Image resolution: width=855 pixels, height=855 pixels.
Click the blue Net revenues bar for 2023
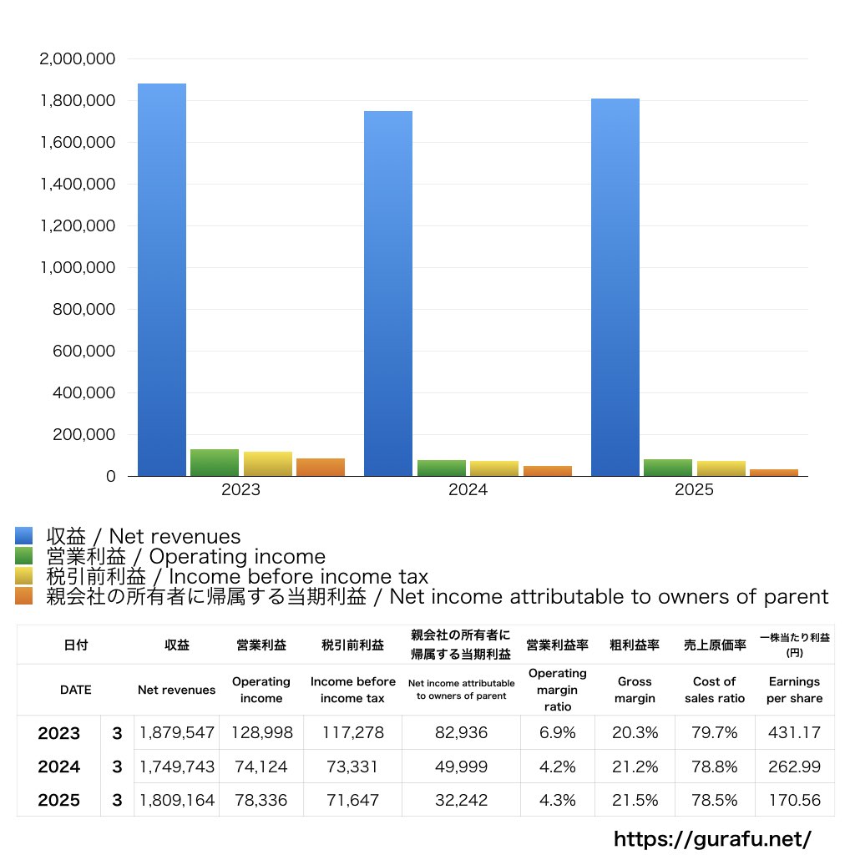tap(162, 280)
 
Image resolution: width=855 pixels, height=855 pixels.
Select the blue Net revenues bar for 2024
tap(388, 293)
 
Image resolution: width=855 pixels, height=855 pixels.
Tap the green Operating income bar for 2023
tap(215, 463)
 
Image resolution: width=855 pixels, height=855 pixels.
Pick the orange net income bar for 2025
tap(774, 473)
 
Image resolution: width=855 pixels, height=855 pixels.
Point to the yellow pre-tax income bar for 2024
tap(494, 468)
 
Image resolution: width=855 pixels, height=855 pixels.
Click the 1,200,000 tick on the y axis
tap(78, 226)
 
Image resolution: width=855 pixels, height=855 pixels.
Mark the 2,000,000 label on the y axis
tap(78, 59)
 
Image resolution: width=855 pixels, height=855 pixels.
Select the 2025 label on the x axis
tap(695, 490)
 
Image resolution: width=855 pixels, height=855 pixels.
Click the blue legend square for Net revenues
tap(24, 536)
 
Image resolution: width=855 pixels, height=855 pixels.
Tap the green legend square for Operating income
tap(24, 556)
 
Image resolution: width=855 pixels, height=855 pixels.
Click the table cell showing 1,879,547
tap(177, 733)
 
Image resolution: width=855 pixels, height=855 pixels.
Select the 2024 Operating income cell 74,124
tap(261, 766)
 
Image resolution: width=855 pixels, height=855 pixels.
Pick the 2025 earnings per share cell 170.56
tap(794, 800)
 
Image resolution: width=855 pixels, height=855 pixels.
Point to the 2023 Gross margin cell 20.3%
tap(635, 733)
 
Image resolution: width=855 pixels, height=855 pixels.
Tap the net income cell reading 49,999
tap(461, 766)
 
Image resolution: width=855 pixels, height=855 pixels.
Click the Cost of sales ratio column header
tap(715, 690)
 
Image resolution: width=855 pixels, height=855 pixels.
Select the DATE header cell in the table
tap(75, 690)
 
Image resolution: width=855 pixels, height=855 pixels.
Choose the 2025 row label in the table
tap(59, 800)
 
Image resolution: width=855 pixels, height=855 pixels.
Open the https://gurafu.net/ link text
tap(712, 838)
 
